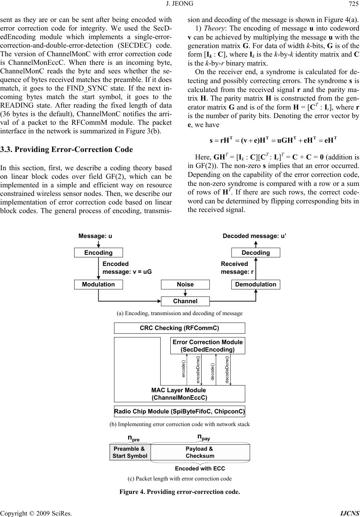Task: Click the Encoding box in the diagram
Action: [x=98, y=253]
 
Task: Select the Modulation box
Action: [x=98, y=285]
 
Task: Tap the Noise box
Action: [x=185, y=285]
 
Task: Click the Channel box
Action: [x=185, y=301]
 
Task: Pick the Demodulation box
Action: [x=256, y=285]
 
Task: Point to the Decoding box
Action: [x=256, y=253]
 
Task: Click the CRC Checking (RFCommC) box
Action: [x=179, y=328]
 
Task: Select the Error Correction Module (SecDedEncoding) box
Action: [x=208, y=346]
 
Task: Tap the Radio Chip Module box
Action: [x=179, y=411]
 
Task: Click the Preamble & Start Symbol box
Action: [x=130, y=452]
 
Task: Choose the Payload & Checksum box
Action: [x=200, y=452]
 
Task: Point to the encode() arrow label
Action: [x=183, y=369]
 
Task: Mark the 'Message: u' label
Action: [x=95, y=236]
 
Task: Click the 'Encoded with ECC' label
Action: [x=200, y=468]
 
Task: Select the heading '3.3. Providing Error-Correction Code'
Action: [x=67, y=150]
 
